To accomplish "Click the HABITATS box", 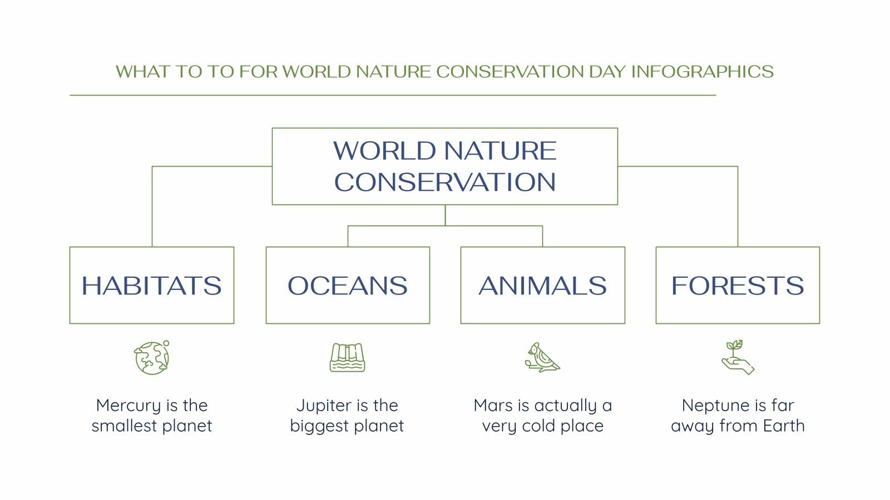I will (x=151, y=285).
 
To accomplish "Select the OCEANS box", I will (x=348, y=285).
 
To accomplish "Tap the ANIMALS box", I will (x=542, y=285).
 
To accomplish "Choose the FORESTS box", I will (x=738, y=285).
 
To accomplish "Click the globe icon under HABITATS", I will (x=152, y=358).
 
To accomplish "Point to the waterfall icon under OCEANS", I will (x=347, y=358).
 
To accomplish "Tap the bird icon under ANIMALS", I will (x=542, y=358).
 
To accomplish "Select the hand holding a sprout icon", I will (x=738, y=358).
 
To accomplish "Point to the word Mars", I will (x=493, y=406).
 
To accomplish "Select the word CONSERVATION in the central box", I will (x=445, y=182).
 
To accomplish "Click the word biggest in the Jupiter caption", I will (x=318, y=427).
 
